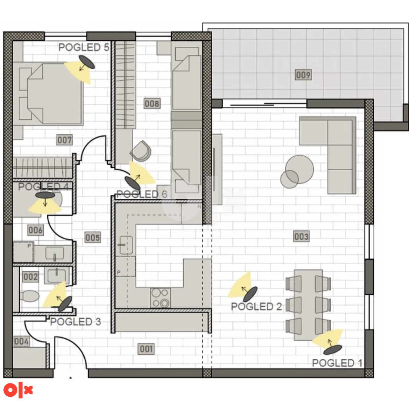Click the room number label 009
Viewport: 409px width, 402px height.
303,75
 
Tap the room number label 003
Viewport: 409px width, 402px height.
301,236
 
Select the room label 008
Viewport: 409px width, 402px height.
152,103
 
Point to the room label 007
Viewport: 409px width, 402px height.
64,140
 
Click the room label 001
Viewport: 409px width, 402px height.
146,349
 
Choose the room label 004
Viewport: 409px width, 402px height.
22,341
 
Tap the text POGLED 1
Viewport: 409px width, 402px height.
337,363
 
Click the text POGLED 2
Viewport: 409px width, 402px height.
256,306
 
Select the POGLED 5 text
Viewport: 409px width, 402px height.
84,47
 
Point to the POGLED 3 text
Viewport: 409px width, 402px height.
75,321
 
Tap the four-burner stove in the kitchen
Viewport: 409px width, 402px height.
161,298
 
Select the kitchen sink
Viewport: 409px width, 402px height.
126,245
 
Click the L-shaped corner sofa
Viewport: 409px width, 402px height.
328,155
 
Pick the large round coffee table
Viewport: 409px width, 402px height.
299,169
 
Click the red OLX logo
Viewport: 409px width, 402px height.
18,390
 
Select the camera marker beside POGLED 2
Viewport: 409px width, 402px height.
250,294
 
